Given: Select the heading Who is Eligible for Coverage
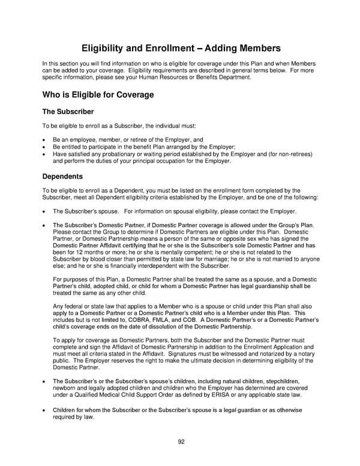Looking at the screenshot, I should (98, 95).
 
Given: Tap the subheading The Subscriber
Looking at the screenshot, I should (67, 112).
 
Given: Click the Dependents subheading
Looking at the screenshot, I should (63, 177).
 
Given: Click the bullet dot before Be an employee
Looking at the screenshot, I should (44, 139).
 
